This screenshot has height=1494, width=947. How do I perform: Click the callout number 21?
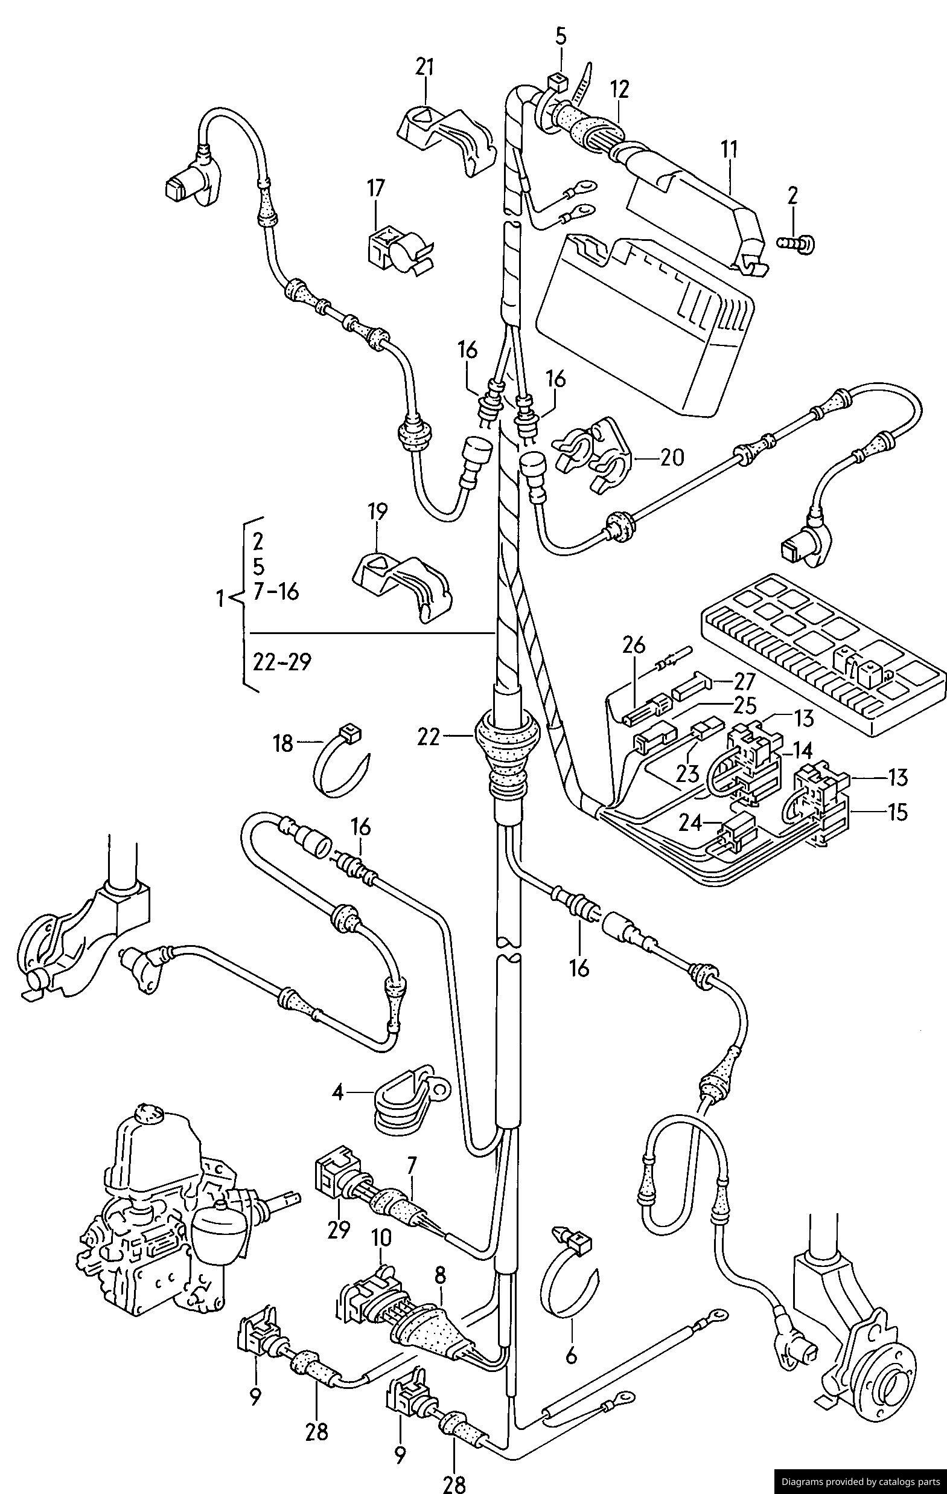425,67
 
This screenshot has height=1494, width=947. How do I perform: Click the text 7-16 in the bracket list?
276,592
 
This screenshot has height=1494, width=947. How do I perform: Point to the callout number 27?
744,682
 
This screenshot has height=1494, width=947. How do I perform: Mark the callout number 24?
691,822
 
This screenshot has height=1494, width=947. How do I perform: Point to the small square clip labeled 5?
558,82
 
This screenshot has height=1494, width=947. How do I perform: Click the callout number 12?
619,90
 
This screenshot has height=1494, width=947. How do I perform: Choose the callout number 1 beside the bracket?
219,600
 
